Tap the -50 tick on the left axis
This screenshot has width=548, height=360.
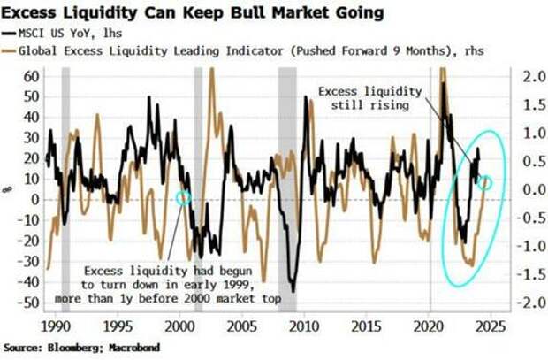tap(29, 303)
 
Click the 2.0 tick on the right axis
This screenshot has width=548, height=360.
tap(527, 77)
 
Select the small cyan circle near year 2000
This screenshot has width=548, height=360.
tap(183, 198)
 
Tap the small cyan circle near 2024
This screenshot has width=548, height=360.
tap(484, 182)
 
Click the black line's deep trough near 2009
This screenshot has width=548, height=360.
tap(293, 290)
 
